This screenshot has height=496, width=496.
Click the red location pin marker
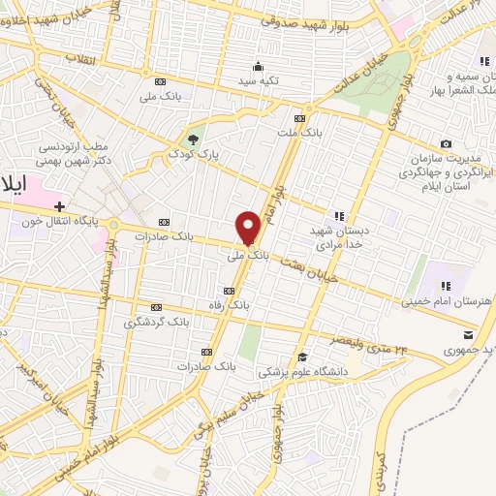point(249,228)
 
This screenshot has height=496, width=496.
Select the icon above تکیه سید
point(259,66)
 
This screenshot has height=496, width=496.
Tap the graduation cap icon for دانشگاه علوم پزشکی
point(302,355)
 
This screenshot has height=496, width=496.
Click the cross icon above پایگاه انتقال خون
point(60,206)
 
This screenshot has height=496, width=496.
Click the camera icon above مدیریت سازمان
point(447,144)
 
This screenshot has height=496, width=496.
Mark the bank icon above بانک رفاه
point(229,291)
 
